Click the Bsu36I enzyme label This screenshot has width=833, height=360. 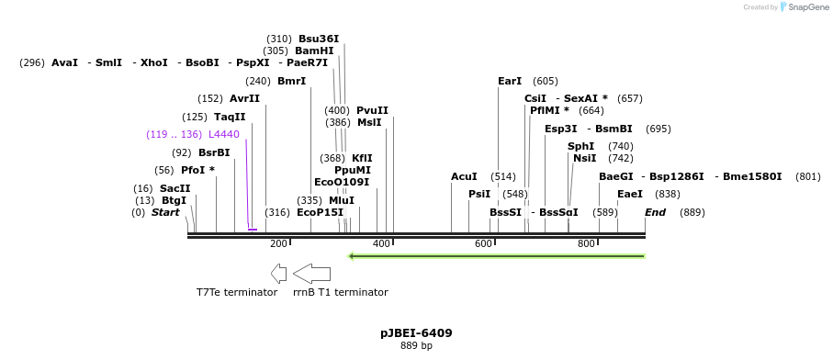[318, 39]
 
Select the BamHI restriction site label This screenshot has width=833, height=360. [314, 51]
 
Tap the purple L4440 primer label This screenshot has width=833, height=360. [223, 134]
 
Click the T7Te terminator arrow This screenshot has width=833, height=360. [278, 273]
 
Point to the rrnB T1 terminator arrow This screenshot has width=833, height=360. [312, 273]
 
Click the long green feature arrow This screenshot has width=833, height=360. [496, 255]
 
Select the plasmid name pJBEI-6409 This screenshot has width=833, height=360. [416, 332]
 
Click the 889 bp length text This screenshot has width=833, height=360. [416, 346]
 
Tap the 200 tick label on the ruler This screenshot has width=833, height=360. [278, 243]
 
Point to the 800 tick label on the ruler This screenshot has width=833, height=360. [586, 243]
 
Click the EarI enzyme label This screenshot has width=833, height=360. [510, 81]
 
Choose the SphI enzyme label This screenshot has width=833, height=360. [580, 146]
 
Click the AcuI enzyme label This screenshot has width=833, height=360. [464, 176]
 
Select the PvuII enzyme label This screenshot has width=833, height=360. [372, 110]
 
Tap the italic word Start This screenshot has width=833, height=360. [165, 212]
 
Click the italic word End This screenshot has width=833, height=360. [655, 212]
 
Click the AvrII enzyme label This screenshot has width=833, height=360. [244, 98]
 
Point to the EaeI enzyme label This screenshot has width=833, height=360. [630, 194]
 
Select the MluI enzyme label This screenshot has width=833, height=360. [341, 200]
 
